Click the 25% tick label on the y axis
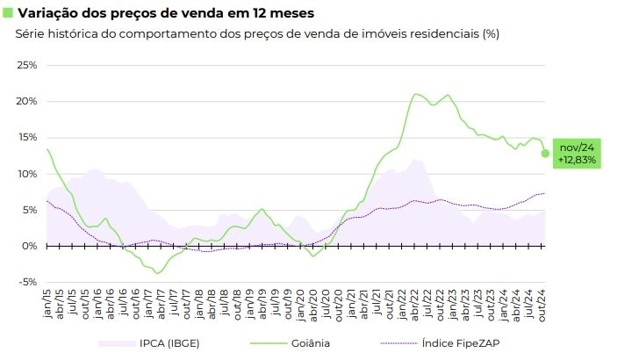click(x=27, y=65)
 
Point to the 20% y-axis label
click(x=27, y=101)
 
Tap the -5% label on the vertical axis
click(x=28, y=282)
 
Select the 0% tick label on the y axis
click(x=29, y=246)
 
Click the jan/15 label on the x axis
click(x=47, y=304)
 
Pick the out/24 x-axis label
click(x=542, y=306)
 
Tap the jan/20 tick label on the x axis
click(x=301, y=306)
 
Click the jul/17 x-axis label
click(x=175, y=303)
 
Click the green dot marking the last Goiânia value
click(x=545, y=154)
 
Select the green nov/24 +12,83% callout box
click(x=577, y=154)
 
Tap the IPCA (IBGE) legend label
click(x=169, y=343)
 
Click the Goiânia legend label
click(x=311, y=343)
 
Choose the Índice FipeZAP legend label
click(x=461, y=343)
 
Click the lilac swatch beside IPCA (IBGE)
click(x=117, y=343)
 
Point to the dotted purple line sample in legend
click(x=399, y=343)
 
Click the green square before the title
click(x=8, y=12)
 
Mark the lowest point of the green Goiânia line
click(x=157, y=273)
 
